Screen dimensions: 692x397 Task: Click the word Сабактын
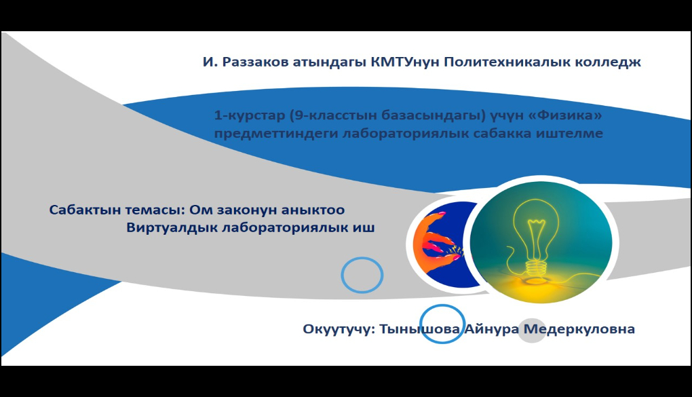[x=85, y=209]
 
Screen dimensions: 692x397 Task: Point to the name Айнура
[x=492, y=329]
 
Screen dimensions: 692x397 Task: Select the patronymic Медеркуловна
[x=579, y=329]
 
